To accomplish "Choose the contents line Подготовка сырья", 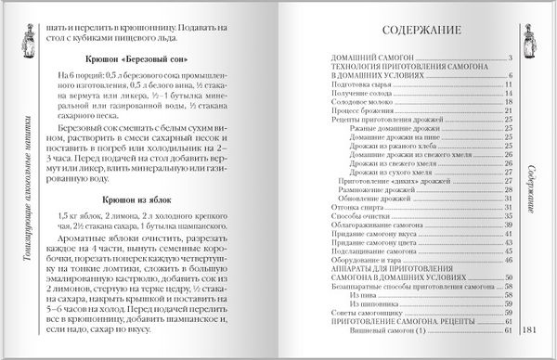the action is click(367, 85).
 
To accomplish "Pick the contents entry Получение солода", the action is click(367, 95).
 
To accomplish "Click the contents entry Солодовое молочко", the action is click(369, 105).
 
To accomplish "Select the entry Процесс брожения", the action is click(366, 114).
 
